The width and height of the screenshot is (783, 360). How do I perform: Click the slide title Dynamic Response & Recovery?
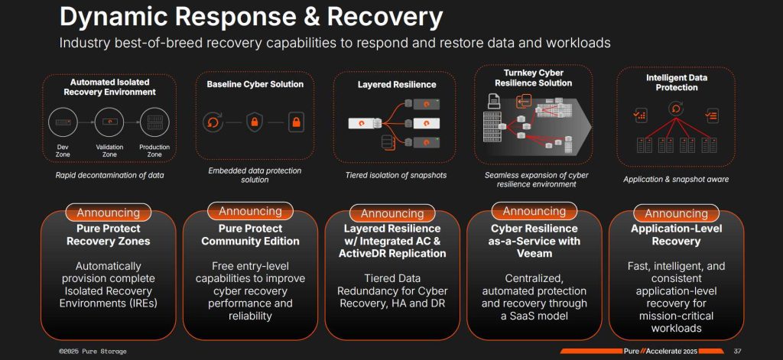(251, 17)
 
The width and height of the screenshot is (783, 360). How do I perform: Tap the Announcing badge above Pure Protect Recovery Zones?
(109, 212)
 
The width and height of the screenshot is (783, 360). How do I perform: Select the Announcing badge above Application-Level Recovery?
(676, 213)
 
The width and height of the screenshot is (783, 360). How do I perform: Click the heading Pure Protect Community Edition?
(250, 235)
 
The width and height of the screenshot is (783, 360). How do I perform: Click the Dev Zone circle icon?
(63, 121)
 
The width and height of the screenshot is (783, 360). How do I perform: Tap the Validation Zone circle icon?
(109, 121)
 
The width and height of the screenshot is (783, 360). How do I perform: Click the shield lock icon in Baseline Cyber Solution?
(255, 121)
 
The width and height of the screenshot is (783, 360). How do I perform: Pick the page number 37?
(737, 352)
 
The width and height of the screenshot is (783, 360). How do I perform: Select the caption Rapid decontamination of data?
(109, 175)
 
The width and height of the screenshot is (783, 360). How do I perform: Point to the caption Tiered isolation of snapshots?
(395, 175)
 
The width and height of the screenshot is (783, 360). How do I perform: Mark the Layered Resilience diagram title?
(396, 84)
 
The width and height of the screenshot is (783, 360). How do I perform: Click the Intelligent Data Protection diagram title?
(675, 83)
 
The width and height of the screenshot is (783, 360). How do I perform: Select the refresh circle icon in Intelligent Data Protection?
(675, 109)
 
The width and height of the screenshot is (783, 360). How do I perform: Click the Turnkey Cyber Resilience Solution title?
(533, 77)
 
